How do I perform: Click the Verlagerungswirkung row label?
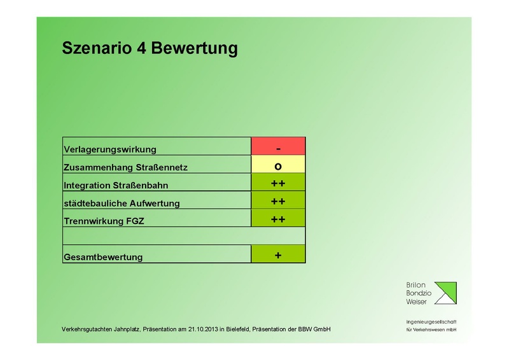pyautogui.click(x=110, y=149)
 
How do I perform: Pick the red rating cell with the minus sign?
pyautogui.click(x=278, y=146)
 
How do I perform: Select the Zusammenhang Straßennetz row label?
pyautogui.click(x=126, y=168)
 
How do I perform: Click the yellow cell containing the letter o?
pyautogui.click(x=278, y=165)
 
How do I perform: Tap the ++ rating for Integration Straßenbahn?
pyautogui.click(x=278, y=183)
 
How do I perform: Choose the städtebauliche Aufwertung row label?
pyautogui.click(x=122, y=204)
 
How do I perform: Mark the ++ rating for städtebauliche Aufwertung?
pyautogui.click(x=278, y=201)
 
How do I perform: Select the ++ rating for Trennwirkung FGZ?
pyautogui.click(x=278, y=219)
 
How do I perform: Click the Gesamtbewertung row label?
pyautogui.click(x=103, y=258)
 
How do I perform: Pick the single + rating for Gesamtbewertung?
pyautogui.click(x=278, y=254)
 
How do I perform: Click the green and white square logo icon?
pyautogui.click(x=443, y=293)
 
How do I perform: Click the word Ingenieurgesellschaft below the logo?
pyautogui.click(x=431, y=322)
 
